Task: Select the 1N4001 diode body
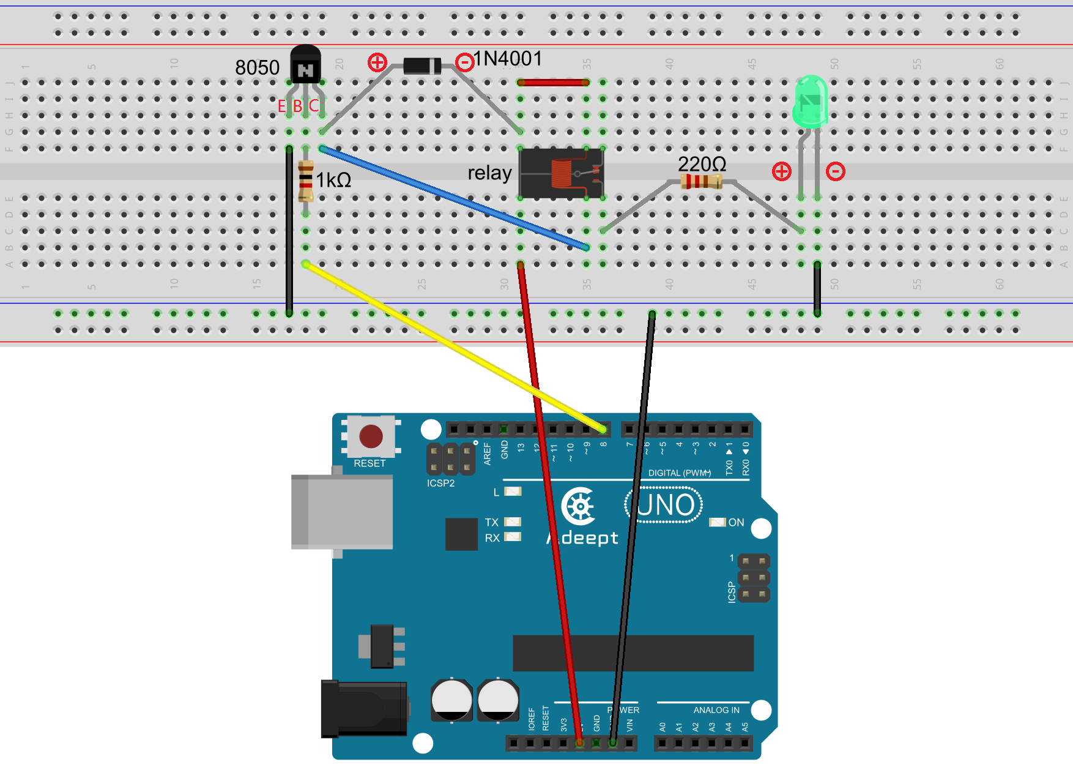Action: [x=422, y=65]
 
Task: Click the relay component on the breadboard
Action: [x=561, y=173]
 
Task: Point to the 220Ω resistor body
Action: [x=702, y=181]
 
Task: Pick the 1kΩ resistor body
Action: [x=306, y=181]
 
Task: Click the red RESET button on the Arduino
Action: [x=371, y=436]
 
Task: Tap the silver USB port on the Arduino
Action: [x=343, y=511]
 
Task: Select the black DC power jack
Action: [x=364, y=709]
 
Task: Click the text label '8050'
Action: [x=257, y=67]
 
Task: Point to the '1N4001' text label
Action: [x=508, y=59]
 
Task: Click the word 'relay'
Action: [x=489, y=173]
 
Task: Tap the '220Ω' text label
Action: [x=702, y=163]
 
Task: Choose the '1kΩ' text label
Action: [x=333, y=180]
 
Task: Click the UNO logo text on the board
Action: [x=665, y=506]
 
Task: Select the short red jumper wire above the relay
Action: [x=553, y=82]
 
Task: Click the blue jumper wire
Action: [x=453, y=197]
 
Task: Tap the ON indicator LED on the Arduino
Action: [x=717, y=522]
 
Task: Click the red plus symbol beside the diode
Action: [x=377, y=62]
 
